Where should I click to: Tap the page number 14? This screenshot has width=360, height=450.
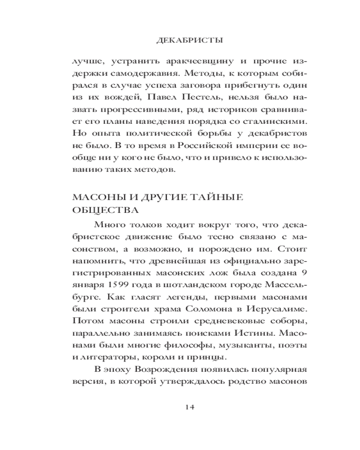coord(189,407)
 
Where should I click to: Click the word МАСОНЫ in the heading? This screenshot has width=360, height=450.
coord(93,198)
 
